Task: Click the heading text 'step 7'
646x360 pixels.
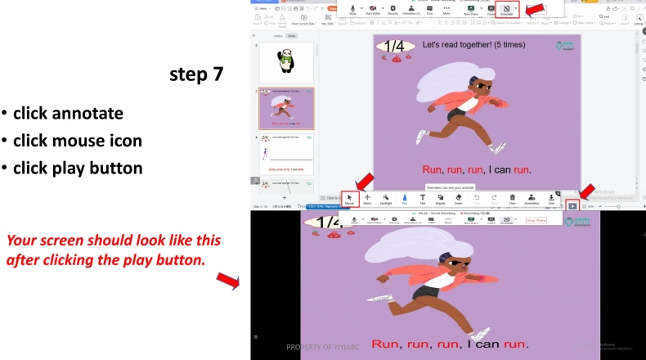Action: pos(196,75)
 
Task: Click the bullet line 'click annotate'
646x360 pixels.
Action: pos(68,113)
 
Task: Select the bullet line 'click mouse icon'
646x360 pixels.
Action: pos(77,141)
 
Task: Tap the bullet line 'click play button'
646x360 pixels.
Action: pos(78,169)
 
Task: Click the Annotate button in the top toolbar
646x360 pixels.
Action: pos(506,10)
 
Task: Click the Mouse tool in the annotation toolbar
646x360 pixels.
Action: pos(349,199)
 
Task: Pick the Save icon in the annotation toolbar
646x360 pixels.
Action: pos(552,199)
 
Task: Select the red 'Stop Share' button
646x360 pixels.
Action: pos(536,220)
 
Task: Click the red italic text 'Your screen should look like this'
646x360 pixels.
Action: pos(113,241)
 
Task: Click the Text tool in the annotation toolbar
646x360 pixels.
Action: pos(422,199)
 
